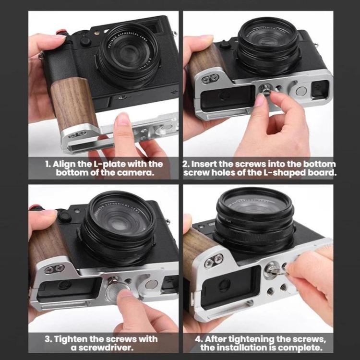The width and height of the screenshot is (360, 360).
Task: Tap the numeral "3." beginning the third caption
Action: coord(49,339)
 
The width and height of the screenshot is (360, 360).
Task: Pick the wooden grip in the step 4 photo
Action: coord(197,250)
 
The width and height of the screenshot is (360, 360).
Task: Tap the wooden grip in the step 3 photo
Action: coord(41,245)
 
